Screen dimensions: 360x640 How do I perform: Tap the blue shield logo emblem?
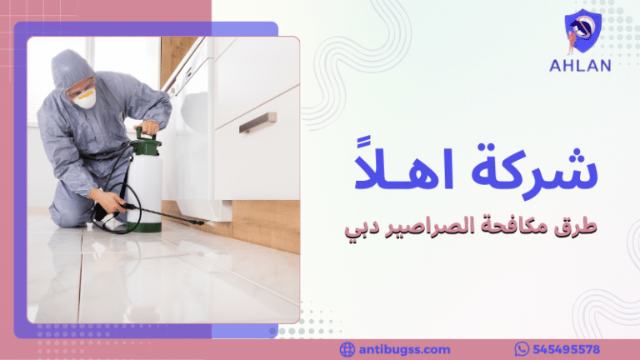(582, 32)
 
